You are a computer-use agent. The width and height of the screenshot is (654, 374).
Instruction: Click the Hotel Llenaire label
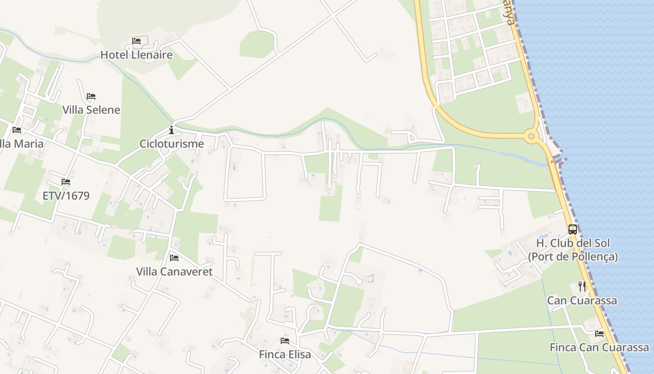click(x=136, y=55)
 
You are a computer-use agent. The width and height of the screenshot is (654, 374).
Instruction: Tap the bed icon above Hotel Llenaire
click(x=136, y=41)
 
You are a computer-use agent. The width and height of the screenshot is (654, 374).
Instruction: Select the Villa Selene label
click(x=91, y=110)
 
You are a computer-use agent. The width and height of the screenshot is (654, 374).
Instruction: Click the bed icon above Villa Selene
click(x=91, y=96)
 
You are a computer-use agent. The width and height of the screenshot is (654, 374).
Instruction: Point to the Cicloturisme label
click(x=171, y=144)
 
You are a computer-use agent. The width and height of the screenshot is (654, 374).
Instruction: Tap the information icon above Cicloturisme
click(x=171, y=130)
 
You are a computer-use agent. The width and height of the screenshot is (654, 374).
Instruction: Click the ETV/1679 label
click(x=66, y=195)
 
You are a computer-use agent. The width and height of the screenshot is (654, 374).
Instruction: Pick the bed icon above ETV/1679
click(x=66, y=182)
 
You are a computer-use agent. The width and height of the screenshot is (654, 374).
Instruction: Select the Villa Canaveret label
click(x=174, y=272)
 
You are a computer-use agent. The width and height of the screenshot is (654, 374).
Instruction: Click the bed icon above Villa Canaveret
click(x=174, y=258)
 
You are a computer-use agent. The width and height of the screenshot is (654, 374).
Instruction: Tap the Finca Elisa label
click(x=285, y=354)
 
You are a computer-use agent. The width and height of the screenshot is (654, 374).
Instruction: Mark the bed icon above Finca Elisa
click(x=285, y=341)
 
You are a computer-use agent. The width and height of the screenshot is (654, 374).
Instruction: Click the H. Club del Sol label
click(x=573, y=244)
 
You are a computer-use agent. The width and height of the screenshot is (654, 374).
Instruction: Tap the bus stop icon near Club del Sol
click(x=573, y=230)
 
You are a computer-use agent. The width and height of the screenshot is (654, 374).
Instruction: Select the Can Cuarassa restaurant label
click(x=582, y=300)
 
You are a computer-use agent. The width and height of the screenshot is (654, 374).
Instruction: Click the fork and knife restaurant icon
click(x=582, y=286)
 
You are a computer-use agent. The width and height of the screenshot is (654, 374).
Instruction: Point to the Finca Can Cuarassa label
click(x=599, y=347)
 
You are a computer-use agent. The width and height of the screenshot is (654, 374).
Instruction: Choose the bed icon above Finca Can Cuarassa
click(x=599, y=334)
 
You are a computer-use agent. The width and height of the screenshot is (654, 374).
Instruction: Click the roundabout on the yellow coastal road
click(x=530, y=137)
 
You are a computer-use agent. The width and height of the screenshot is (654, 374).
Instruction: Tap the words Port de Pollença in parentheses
click(x=573, y=257)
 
